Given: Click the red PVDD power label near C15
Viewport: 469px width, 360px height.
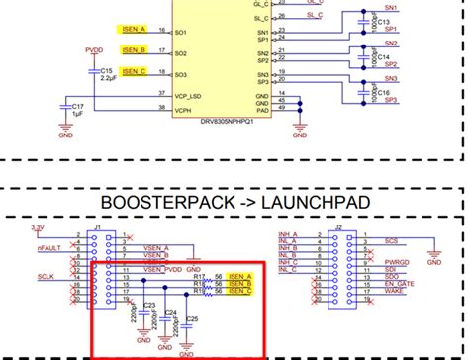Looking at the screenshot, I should (x=94, y=47).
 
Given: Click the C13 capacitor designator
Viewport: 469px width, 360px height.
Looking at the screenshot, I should (x=384, y=22).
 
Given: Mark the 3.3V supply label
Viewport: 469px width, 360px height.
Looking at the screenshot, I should (x=38, y=227).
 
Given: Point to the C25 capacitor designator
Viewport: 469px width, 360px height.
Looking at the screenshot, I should (x=192, y=318).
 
